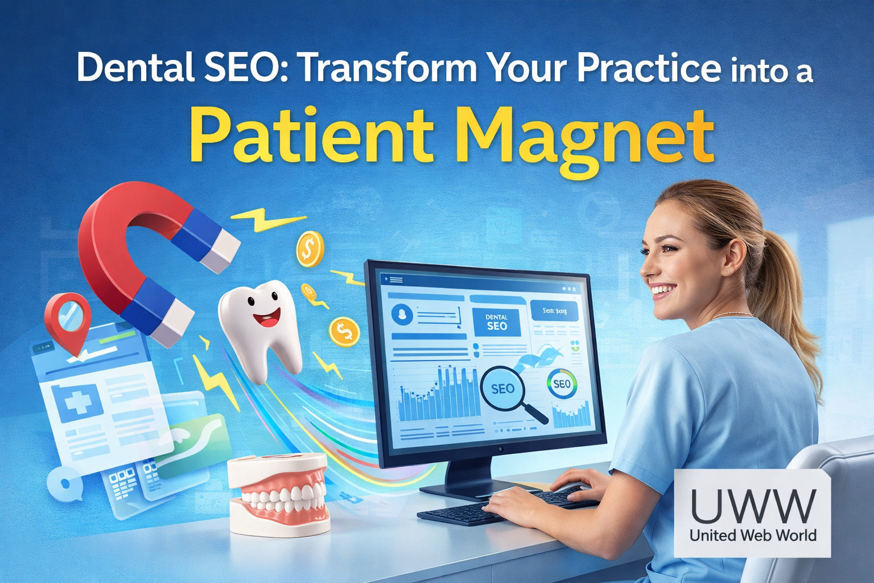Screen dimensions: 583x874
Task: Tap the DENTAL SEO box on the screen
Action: pos(496,322)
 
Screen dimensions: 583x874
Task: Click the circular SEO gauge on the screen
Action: pos(562,384)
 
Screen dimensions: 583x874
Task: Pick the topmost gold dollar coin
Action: pos(310,248)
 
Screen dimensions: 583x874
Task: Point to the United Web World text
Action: pos(752,535)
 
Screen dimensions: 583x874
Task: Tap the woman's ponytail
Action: pos(791,296)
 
